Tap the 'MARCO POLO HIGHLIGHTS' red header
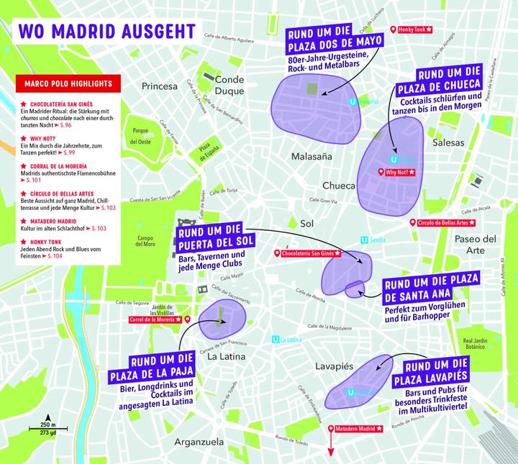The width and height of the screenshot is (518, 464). point(65,84)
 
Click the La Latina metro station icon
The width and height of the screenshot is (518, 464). point(275,340)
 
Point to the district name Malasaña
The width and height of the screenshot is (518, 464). point(312,156)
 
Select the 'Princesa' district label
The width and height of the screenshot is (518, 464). point(160,86)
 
